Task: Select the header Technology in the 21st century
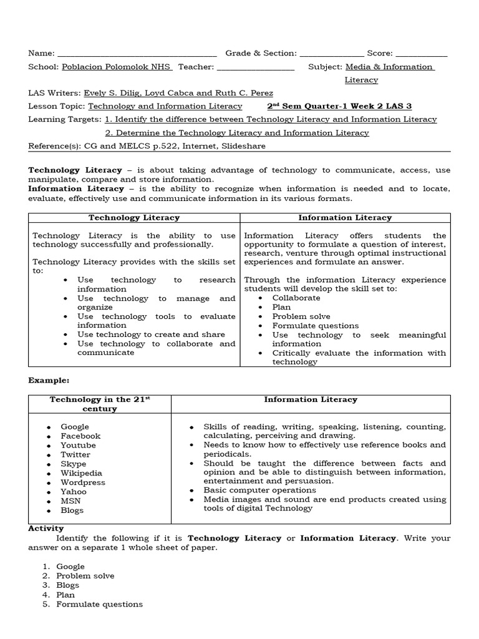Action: pyautogui.click(x=100, y=404)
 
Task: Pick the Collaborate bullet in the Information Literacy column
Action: pyautogui.click(x=296, y=298)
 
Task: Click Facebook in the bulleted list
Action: pyautogui.click(x=80, y=436)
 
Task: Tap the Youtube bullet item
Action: pyautogui.click(x=78, y=445)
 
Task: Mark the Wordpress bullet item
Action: pyautogui.click(x=82, y=482)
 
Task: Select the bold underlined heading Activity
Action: pyautogui.click(x=46, y=528)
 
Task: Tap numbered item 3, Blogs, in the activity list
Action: pyautogui.click(x=67, y=585)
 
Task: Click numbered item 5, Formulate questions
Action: pyautogui.click(x=99, y=604)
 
